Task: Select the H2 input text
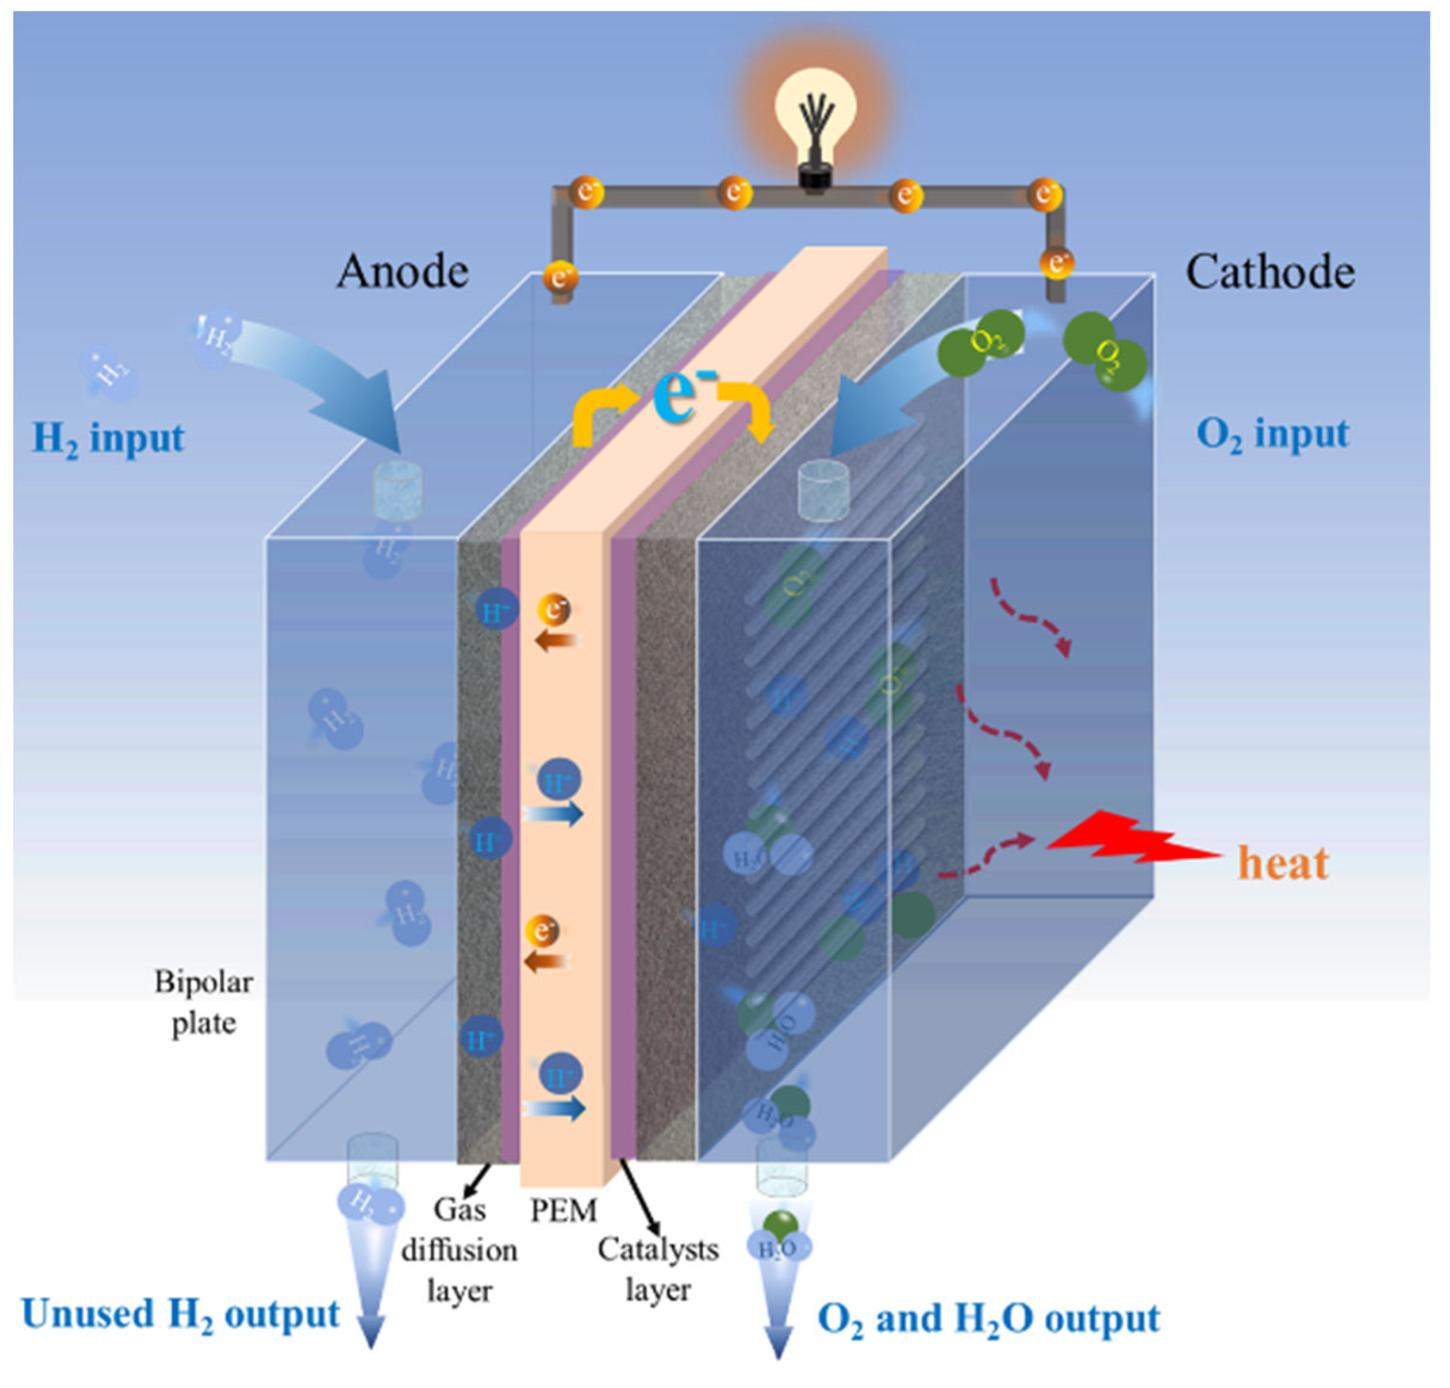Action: coord(108,439)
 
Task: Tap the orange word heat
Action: coord(1283,863)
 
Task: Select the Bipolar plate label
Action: coord(203,1003)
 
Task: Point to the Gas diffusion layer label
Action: coord(459,1250)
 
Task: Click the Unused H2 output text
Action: coord(181,1314)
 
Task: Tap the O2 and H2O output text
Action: coord(989,1319)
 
